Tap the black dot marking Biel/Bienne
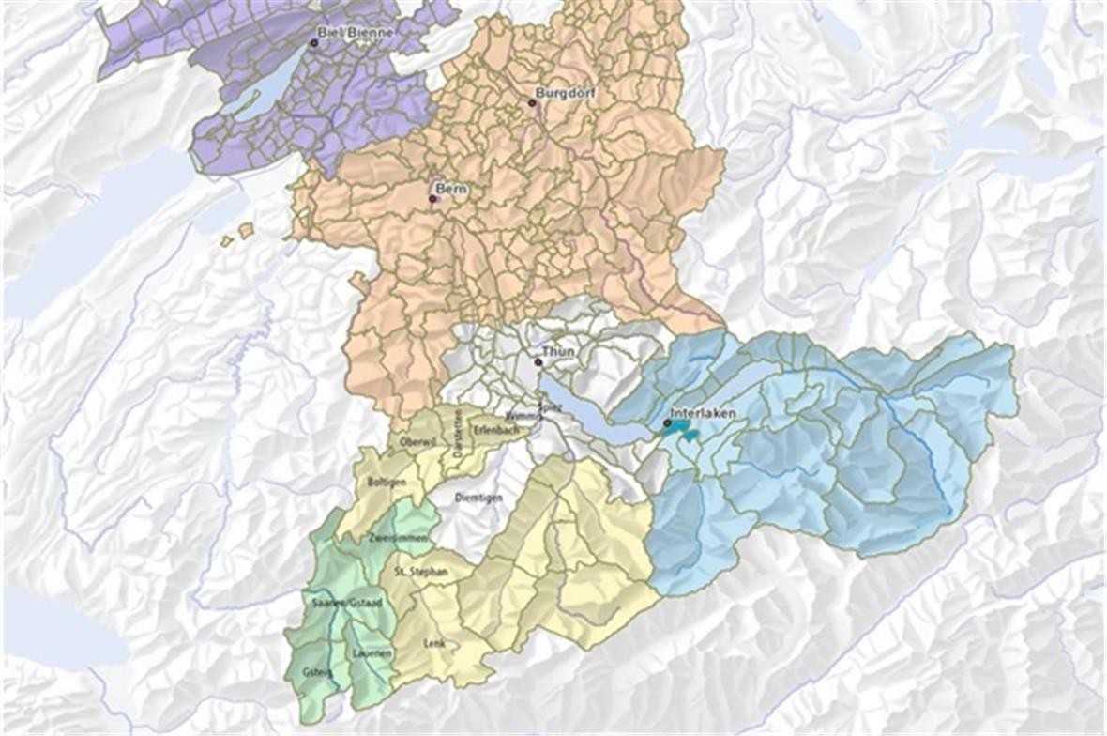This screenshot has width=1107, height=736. [x=315, y=42]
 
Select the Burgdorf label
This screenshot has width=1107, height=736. [x=566, y=93]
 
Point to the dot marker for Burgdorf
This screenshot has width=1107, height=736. [x=532, y=102]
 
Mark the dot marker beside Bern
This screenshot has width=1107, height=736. [x=432, y=199]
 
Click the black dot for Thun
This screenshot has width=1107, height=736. [x=538, y=361]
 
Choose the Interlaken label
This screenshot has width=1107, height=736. [x=703, y=413]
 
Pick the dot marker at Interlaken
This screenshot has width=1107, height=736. [x=667, y=422]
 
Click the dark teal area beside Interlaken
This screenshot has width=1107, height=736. [x=681, y=430]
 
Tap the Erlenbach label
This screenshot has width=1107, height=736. [x=495, y=429]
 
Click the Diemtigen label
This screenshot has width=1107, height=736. [x=478, y=497]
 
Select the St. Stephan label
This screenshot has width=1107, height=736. [x=420, y=571]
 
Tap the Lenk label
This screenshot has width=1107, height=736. [x=434, y=644]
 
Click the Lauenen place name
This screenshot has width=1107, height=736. [x=371, y=652]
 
